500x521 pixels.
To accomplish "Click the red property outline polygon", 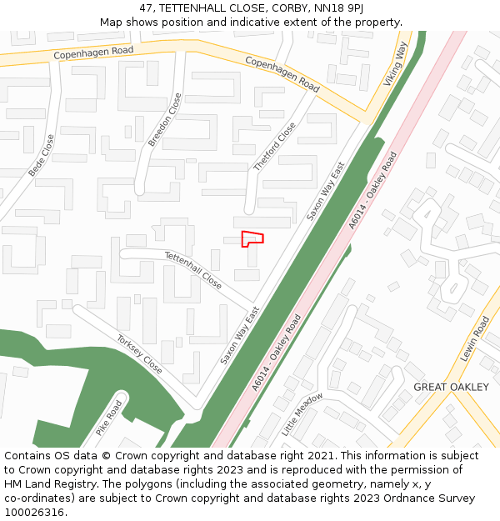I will [252, 238].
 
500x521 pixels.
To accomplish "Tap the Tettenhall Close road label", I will [193, 270].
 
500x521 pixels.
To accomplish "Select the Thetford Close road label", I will [274, 147].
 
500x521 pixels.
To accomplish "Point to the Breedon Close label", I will [165, 120].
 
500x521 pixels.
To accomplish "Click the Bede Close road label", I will [41, 155].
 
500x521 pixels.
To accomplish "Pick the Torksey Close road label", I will [139, 354].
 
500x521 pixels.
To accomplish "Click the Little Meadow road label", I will [302, 414].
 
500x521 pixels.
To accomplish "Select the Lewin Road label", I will [474, 338].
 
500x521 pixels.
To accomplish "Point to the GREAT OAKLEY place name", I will [451, 388].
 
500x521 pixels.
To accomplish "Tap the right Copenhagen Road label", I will [282, 74].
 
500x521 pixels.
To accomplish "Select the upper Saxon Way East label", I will [325, 191].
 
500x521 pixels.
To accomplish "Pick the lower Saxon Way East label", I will [240, 335].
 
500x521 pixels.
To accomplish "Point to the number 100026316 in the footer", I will [36, 512].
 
